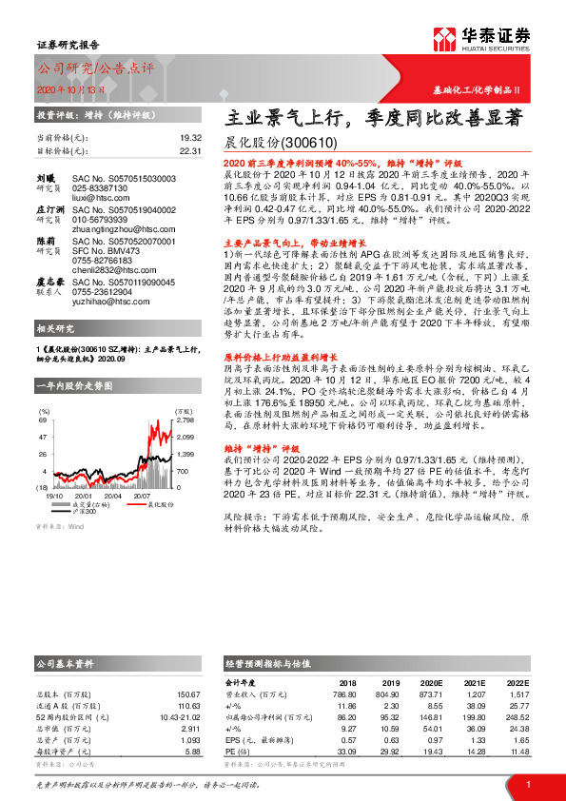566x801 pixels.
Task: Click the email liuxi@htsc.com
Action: (x=94, y=198)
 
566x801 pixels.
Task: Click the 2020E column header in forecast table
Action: (x=432, y=682)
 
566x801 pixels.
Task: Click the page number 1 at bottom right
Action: (x=528, y=784)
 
